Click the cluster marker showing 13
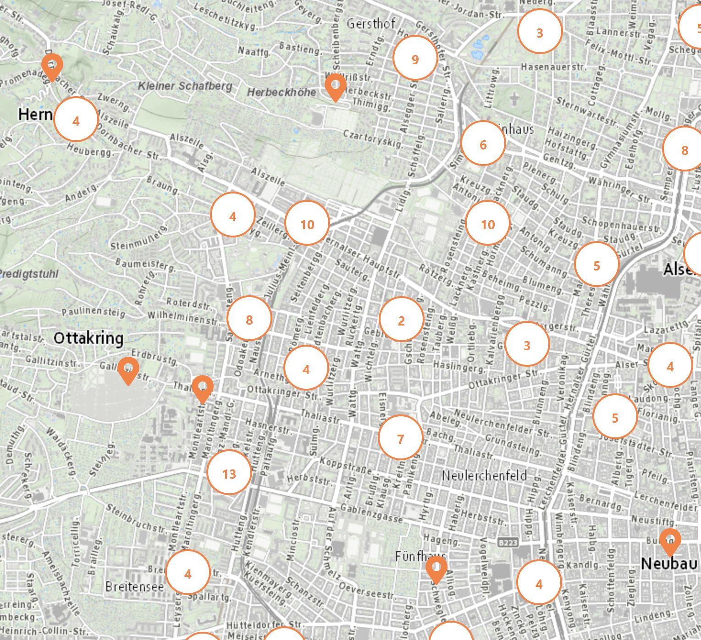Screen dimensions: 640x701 229,473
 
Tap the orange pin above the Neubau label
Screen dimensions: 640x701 670,541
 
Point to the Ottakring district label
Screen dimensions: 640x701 88,338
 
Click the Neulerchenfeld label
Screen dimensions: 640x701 484,475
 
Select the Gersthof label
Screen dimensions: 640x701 371,23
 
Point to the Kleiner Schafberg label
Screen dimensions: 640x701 185,86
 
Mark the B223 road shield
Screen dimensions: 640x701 508,542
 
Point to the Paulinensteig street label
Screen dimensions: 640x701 94,312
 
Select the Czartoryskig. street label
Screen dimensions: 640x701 373,138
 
